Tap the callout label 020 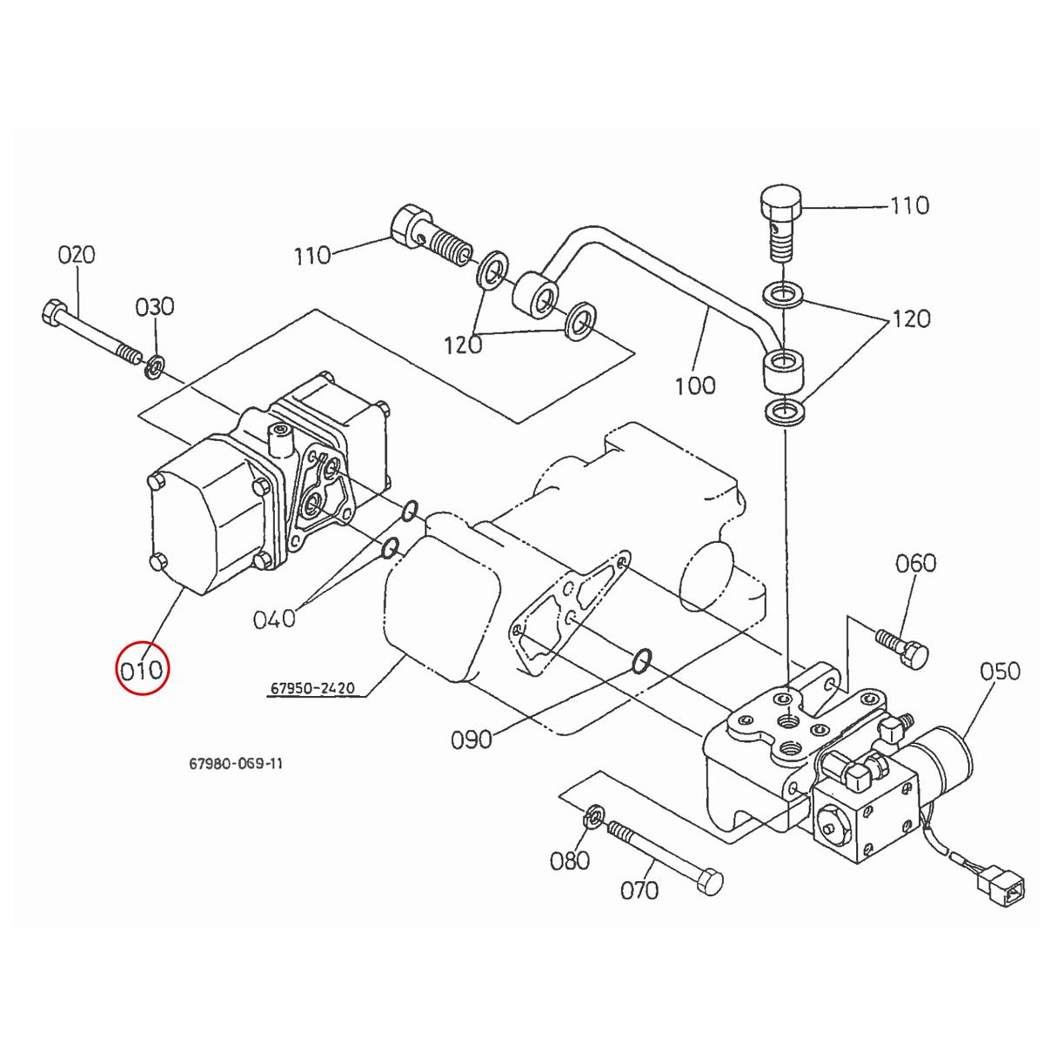coord(77,255)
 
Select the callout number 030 coord(154,307)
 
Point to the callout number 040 coord(274,619)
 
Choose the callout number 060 coord(915,563)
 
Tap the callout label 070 coord(639,890)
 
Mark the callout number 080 coord(571,860)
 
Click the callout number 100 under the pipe coord(695,384)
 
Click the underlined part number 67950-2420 coord(311,688)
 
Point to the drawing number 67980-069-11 coord(236,764)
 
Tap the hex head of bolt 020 coord(51,311)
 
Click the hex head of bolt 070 coord(710,880)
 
